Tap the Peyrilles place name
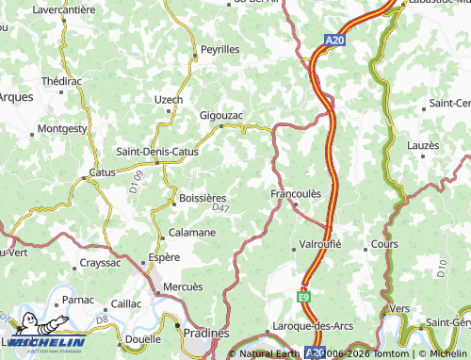(x=219, y=48)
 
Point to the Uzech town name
(x=169, y=99)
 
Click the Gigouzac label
(x=221, y=115)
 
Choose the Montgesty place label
(x=61, y=127)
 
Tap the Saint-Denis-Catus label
(x=156, y=151)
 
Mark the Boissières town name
(x=203, y=198)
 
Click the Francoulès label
(x=296, y=193)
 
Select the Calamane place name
(x=192, y=232)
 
